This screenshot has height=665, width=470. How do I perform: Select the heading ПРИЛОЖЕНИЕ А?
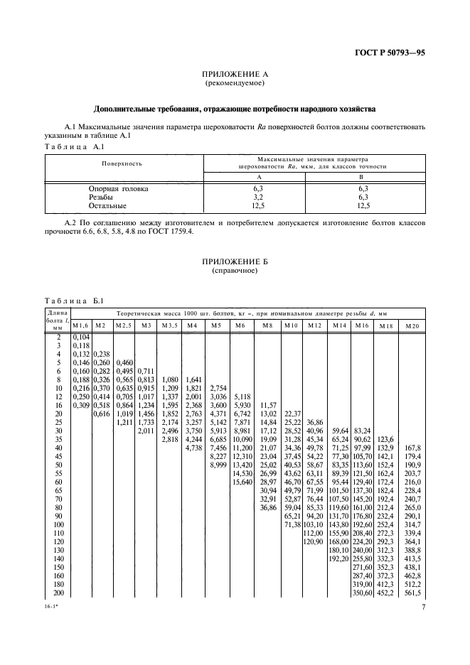[234, 75]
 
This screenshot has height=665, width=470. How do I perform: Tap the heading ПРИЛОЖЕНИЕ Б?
[234, 261]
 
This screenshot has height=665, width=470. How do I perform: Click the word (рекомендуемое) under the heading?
[234, 84]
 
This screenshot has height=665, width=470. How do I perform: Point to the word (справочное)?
[234, 271]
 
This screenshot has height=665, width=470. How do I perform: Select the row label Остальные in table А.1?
[107, 205]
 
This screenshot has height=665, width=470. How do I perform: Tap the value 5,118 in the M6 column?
[242, 396]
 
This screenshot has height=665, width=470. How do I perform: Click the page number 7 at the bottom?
[423, 608]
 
